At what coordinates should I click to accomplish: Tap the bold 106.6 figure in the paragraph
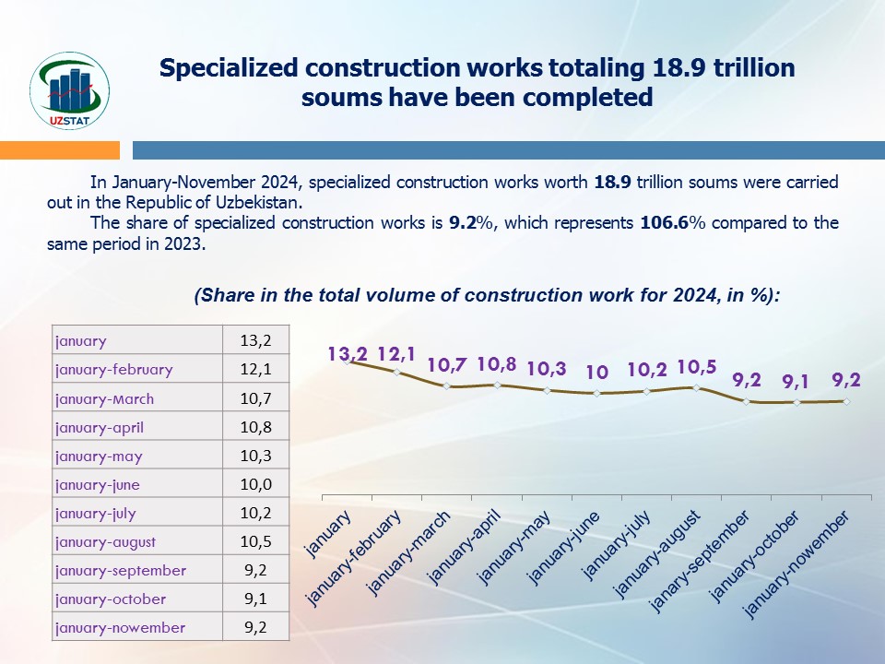click(x=662, y=223)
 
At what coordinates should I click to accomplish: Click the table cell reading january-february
click(x=113, y=369)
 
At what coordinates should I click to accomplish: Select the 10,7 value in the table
click(x=255, y=398)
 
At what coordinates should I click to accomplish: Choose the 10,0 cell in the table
click(x=255, y=484)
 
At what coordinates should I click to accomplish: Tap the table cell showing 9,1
click(x=255, y=599)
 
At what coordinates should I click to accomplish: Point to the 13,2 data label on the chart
click(x=348, y=353)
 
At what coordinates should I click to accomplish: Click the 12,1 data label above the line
click(x=397, y=353)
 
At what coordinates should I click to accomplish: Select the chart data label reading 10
click(x=596, y=373)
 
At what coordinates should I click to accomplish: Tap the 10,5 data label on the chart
click(x=697, y=367)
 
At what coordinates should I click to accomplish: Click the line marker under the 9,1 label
click(x=796, y=402)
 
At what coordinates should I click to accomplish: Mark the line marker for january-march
click(x=447, y=385)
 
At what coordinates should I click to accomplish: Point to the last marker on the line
click(x=845, y=401)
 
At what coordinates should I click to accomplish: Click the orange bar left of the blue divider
click(x=60, y=149)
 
